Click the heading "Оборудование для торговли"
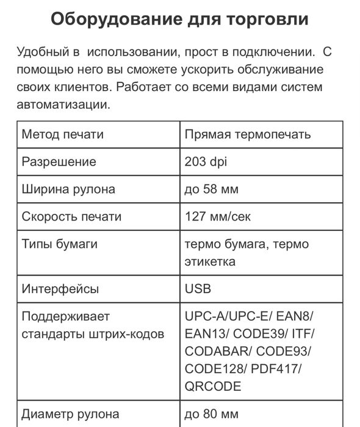click(x=179, y=19)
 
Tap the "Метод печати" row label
click(x=63, y=134)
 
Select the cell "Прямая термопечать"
click(x=248, y=134)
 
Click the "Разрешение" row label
click(x=59, y=162)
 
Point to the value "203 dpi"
click(x=205, y=162)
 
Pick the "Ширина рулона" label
click(x=68, y=189)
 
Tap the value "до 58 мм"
click(x=211, y=189)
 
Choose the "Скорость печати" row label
click(x=71, y=216)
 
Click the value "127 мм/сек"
click(x=217, y=216)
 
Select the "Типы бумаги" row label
click(x=60, y=244)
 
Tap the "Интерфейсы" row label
click(x=60, y=289)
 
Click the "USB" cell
click(x=198, y=289)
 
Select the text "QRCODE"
click(x=213, y=386)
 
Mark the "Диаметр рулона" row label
click(x=70, y=414)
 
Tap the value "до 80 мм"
click(x=211, y=414)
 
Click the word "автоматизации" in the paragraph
click(x=64, y=104)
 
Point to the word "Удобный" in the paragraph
click(x=45, y=51)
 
